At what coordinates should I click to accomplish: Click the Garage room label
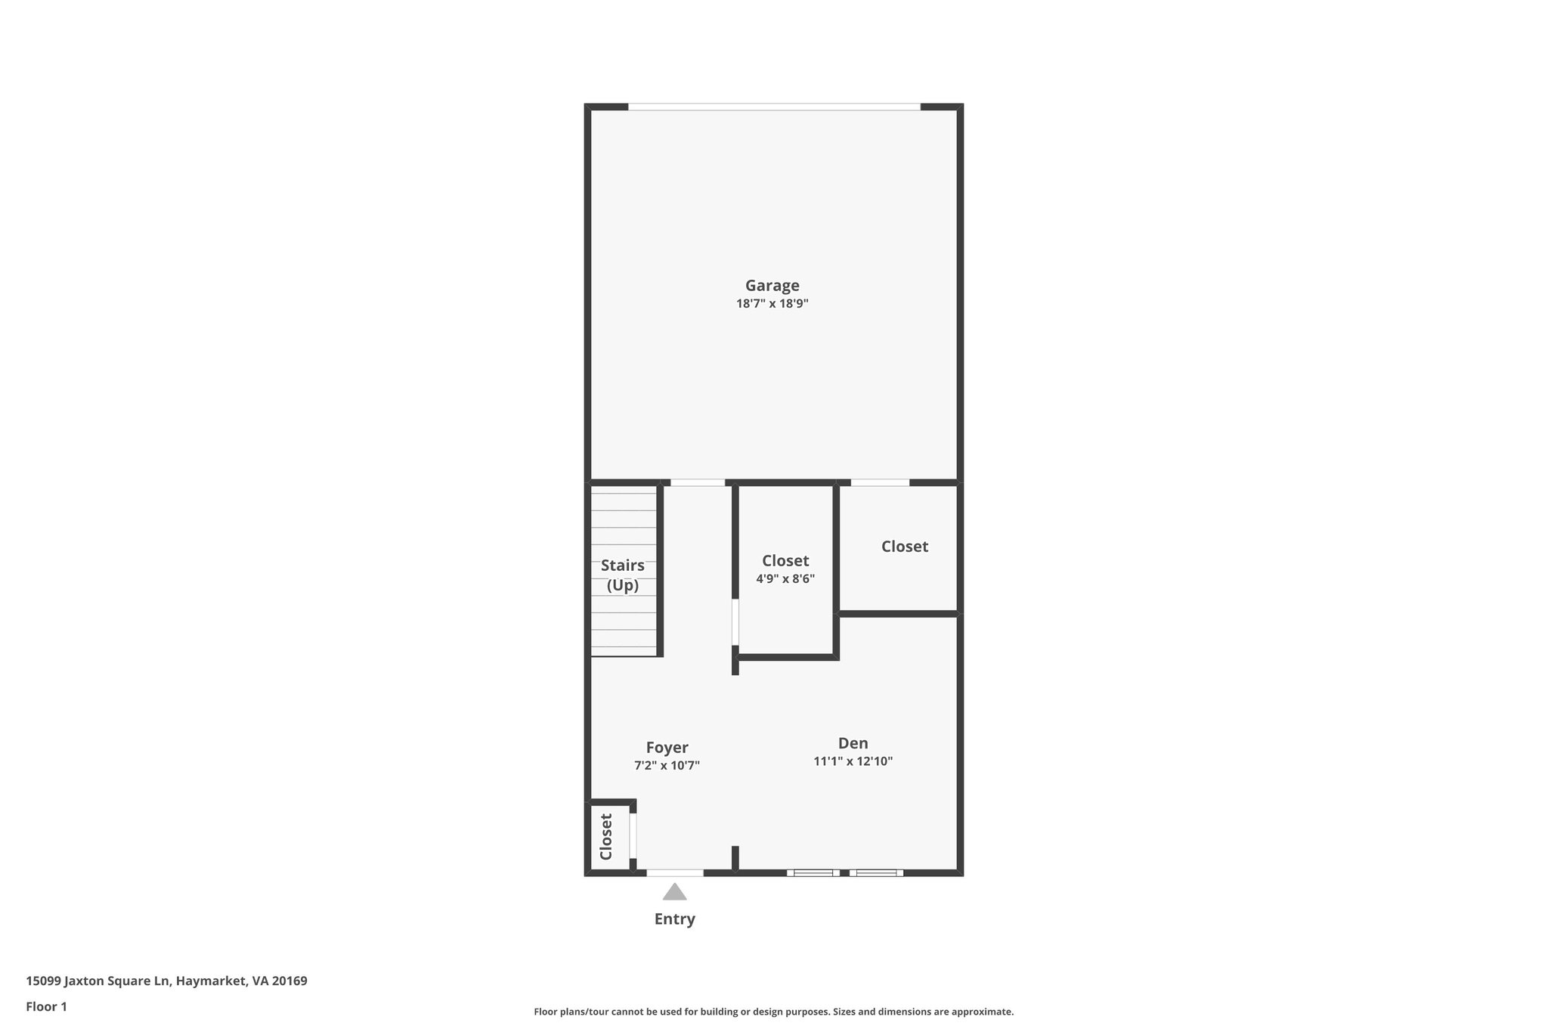pyautogui.click(x=772, y=286)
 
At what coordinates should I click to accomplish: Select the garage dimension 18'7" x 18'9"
pyautogui.click(x=772, y=304)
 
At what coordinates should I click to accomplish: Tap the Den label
pyautogui.click(x=853, y=743)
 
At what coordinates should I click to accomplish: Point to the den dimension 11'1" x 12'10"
pyautogui.click(x=853, y=761)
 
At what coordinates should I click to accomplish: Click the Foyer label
pyautogui.click(x=667, y=748)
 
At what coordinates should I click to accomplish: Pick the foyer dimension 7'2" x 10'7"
pyautogui.click(x=667, y=765)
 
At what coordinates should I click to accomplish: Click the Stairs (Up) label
pyautogui.click(x=623, y=575)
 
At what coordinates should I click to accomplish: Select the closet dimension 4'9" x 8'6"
pyautogui.click(x=785, y=579)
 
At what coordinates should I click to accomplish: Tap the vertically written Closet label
pyautogui.click(x=606, y=837)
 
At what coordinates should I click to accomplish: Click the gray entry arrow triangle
pyautogui.click(x=674, y=893)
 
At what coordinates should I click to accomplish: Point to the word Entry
pyautogui.click(x=674, y=919)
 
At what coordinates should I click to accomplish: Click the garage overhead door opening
pyautogui.click(x=774, y=107)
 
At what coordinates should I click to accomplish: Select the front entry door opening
pyautogui.click(x=674, y=873)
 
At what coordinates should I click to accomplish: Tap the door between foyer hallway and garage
pyautogui.click(x=698, y=482)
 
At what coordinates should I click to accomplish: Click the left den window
pyautogui.click(x=813, y=873)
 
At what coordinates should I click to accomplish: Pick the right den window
pyautogui.click(x=876, y=873)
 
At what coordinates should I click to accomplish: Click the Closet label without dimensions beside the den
pyautogui.click(x=904, y=547)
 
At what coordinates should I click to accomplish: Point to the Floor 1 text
pyautogui.click(x=46, y=1006)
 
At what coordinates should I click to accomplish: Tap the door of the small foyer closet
pyautogui.click(x=633, y=835)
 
